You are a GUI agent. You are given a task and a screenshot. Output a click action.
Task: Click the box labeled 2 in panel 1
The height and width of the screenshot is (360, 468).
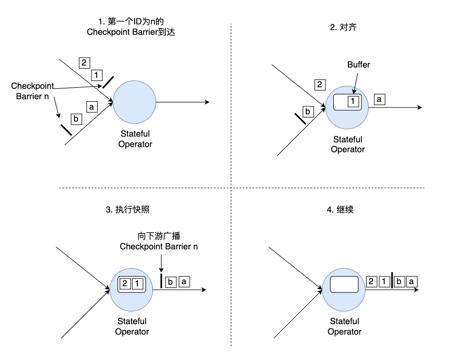[84, 63]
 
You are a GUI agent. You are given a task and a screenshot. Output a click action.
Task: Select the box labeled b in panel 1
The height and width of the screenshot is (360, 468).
[76, 119]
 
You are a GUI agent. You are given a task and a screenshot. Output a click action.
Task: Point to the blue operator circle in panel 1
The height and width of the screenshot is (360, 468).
[134, 102]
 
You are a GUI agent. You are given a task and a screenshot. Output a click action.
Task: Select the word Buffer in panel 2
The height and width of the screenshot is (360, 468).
[358, 65]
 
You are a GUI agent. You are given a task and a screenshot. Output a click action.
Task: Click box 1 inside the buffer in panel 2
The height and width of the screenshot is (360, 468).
[353, 101]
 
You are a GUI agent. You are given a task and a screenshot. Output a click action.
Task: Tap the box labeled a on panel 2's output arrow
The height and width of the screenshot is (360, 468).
[380, 99]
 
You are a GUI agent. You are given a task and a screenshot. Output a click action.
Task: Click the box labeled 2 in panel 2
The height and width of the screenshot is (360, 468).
[320, 85]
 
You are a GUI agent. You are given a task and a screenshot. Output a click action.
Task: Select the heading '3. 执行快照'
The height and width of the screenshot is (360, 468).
[127, 210]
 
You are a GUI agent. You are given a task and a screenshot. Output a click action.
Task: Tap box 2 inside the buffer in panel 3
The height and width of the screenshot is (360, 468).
[125, 284]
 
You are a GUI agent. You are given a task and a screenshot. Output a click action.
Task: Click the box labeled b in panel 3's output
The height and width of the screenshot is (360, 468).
[171, 282]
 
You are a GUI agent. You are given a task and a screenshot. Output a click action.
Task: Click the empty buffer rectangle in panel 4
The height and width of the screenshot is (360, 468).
[344, 285]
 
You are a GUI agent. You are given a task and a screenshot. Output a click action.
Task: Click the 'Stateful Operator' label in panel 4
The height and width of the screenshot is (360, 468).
[345, 326]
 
